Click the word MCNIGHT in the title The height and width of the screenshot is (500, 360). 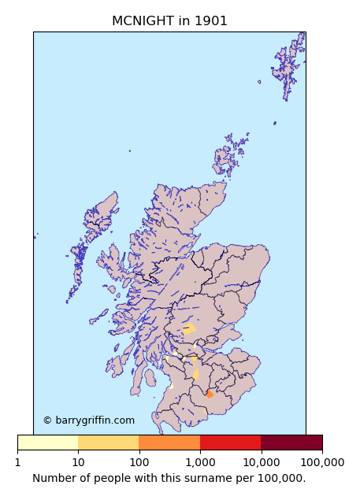point(143,21)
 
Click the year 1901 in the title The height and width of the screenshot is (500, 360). point(209,21)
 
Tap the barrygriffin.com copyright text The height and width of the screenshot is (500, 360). point(88,420)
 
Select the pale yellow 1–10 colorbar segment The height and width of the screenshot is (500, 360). point(47,443)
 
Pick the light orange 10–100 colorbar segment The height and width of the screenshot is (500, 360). point(108,443)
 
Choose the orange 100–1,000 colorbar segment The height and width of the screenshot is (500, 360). point(169,443)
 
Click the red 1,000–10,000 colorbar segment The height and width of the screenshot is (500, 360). point(230,443)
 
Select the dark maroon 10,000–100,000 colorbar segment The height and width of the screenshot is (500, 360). point(291,443)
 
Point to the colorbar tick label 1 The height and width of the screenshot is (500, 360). point(17,462)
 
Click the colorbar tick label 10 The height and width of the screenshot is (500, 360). point(78,462)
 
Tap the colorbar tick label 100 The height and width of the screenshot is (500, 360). point(139,462)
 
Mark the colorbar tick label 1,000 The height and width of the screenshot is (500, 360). point(200,462)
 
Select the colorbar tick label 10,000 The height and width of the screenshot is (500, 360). point(261,462)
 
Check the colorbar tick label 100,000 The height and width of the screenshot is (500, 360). point(322,462)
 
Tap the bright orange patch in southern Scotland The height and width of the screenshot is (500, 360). point(210,394)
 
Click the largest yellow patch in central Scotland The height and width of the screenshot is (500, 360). point(189,328)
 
